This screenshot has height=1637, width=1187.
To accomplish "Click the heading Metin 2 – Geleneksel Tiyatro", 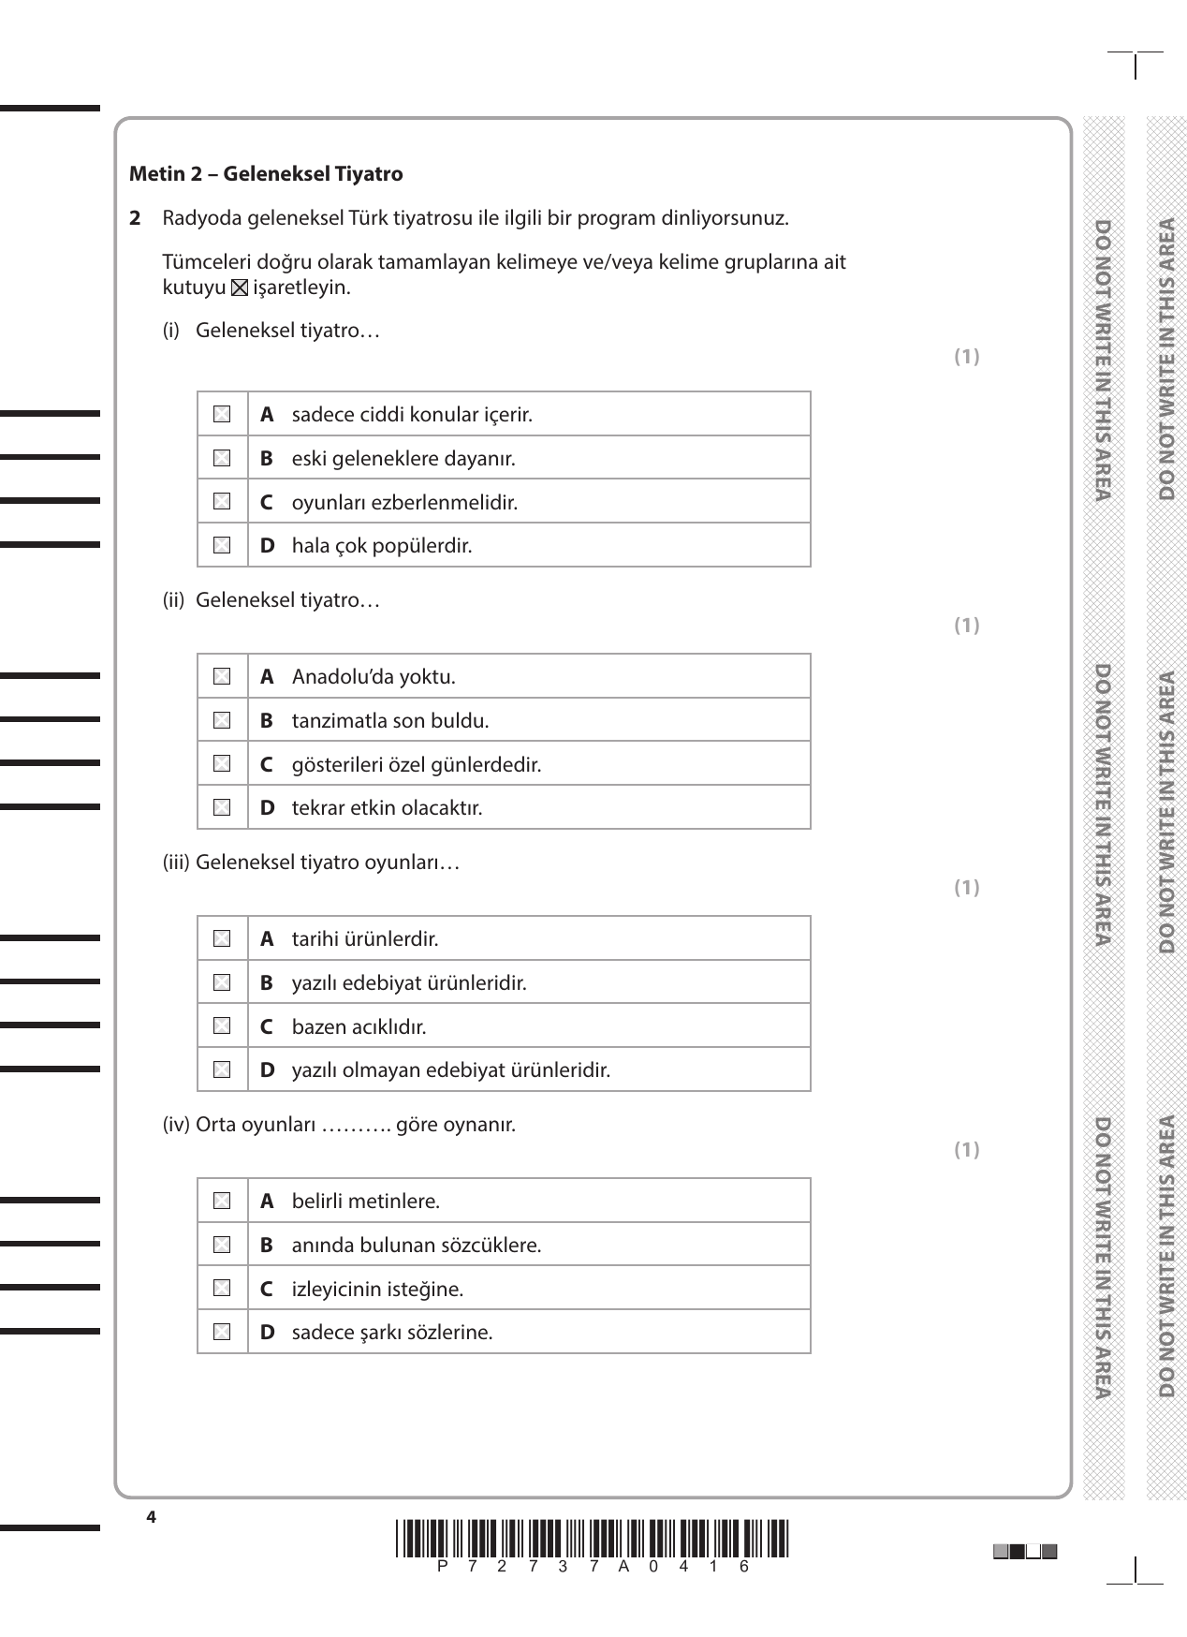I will click(x=266, y=173).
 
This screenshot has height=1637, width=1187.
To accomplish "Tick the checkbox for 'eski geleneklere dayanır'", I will click(x=222, y=458).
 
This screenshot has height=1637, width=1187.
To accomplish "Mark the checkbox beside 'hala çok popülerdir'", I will click(x=222, y=545).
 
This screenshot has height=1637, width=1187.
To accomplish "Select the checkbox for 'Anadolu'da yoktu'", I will click(x=222, y=676).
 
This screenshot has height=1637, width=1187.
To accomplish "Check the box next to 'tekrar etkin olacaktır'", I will click(x=222, y=807).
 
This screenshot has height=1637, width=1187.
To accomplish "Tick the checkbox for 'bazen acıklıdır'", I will click(x=222, y=1026).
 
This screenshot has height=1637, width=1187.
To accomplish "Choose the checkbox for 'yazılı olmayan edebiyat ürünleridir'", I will click(x=222, y=1069).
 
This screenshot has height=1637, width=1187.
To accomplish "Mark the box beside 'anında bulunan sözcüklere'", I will click(x=222, y=1245).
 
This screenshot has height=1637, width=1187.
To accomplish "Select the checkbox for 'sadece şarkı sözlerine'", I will click(x=222, y=1332).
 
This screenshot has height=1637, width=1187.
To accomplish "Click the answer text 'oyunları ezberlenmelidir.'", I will click(x=404, y=502).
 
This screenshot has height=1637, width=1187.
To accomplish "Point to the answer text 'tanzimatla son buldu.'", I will click(x=390, y=720).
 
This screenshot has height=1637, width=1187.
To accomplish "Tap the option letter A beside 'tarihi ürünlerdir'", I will click(x=267, y=938).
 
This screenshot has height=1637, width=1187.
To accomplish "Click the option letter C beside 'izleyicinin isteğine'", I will click(x=267, y=1289).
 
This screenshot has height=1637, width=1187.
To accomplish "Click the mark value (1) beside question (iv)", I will click(x=966, y=1149).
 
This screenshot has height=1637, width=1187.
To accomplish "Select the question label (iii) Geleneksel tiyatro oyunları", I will click(x=311, y=862).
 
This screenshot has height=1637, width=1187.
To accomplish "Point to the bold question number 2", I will click(x=136, y=218).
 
